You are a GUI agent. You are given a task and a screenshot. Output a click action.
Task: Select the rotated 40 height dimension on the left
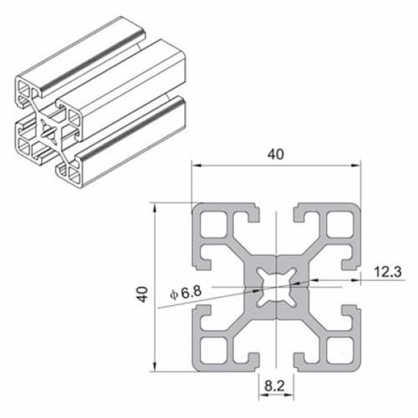143,293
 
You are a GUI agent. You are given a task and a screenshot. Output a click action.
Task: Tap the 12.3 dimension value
387,272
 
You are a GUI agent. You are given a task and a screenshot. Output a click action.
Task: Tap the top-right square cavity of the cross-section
339,225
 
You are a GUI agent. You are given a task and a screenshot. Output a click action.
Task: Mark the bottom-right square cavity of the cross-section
339,349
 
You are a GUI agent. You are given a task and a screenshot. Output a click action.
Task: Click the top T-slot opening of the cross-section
277,209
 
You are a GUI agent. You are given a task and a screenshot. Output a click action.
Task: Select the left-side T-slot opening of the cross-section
197,287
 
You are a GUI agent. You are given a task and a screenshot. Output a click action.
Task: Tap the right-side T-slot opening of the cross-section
356,287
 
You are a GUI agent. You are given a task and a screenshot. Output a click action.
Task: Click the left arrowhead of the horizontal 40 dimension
196,166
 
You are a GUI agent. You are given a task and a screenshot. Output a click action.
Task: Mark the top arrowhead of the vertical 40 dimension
155,208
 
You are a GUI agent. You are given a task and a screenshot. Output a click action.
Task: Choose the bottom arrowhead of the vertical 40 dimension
155,367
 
